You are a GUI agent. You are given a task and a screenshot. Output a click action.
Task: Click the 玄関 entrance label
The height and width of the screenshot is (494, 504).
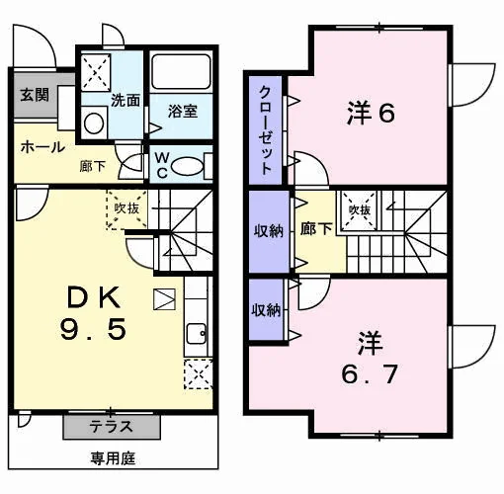pyautogui.click(x=35, y=95)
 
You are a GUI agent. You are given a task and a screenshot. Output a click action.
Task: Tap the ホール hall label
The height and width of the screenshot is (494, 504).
pyautogui.click(x=42, y=147)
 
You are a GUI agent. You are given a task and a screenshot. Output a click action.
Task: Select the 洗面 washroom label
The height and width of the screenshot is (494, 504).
pyautogui.click(x=126, y=100)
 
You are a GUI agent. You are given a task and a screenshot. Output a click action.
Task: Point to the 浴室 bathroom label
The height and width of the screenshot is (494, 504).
pyautogui.click(x=183, y=111)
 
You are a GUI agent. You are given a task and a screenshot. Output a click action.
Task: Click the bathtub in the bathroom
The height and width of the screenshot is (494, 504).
pyautogui.click(x=181, y=72)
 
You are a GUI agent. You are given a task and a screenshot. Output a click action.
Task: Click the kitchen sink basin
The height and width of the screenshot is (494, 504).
pyautogui.click(x=197, y=333)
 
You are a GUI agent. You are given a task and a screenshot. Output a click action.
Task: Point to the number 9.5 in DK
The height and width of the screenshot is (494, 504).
pyautogui.click(x=93, y=329)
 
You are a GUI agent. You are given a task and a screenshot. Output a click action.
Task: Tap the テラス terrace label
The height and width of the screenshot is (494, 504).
pyautogui.click(x=112, y=427)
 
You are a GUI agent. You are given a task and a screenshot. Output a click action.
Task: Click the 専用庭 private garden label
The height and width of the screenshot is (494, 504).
pyautogui.click(x=113, y=458)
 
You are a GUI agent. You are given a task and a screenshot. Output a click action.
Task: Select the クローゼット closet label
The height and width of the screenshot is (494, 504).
pyautogui.click(x=266, y=130)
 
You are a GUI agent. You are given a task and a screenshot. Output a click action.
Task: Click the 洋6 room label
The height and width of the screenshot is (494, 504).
pyautogui.click(x=371, y=113)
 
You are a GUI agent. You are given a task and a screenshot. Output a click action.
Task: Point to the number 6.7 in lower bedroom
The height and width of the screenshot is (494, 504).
pyautogui.click(x=370, y=374)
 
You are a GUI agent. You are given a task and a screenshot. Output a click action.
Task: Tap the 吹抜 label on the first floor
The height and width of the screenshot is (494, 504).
pyautogui.click(x=126, y=208)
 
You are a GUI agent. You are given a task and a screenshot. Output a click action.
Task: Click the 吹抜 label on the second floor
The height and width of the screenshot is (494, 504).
pyautogui.click(x=360, y=210)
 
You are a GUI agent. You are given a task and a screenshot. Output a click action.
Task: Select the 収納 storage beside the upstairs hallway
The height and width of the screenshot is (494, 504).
pyautogui.click(x=269, y=231)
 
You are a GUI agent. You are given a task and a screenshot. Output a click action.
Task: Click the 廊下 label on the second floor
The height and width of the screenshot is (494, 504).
pyautogui.click(x=316, y=228)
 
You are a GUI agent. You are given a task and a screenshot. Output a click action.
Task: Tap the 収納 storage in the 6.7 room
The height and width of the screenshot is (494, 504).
pyautogui.click(x=266, y=309)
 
